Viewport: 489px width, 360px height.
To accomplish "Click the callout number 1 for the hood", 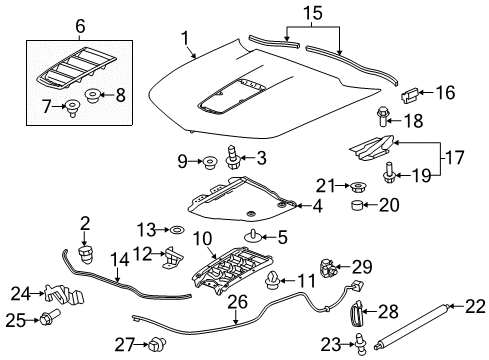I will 184,38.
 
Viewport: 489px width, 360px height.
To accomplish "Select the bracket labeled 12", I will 172,257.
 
